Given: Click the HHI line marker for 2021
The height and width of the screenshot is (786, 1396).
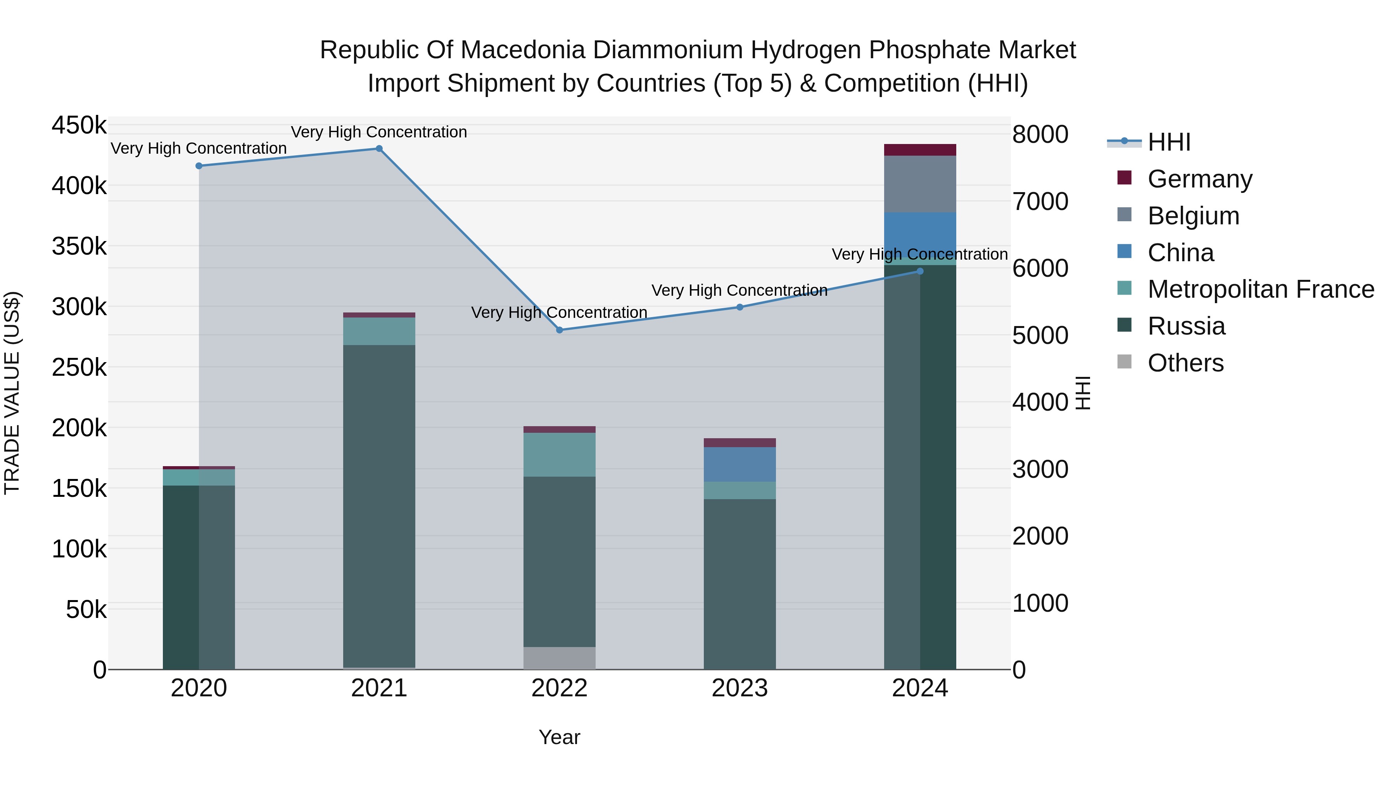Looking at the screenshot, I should [379, 149].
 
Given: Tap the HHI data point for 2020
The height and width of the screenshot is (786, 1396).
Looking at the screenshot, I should [199, 166].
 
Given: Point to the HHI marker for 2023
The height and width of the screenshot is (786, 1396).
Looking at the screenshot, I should [740, 307].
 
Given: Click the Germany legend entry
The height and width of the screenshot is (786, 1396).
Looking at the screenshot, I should [1199, 179].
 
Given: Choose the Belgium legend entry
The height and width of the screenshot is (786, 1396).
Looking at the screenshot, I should [1193, 216].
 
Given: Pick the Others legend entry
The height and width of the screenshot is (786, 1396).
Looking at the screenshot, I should [1185, 363].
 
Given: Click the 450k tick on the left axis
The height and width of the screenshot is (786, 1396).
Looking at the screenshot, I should [79, 125].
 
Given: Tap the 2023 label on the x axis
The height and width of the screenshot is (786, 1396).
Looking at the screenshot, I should [740, 688].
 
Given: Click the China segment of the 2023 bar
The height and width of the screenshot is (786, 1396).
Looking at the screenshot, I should [740, 464].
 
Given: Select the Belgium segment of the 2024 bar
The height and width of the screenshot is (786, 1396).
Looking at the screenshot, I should [920, 184].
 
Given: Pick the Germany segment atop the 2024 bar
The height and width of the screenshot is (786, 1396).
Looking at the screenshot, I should [920, 150].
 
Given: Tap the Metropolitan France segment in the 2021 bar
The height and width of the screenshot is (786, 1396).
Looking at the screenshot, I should [379, 331].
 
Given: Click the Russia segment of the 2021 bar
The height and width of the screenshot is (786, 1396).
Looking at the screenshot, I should [379, 505].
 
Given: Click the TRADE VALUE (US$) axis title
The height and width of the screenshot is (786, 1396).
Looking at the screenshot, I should [12, 393].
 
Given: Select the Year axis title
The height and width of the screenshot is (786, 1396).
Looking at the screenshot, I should [559, 737].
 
